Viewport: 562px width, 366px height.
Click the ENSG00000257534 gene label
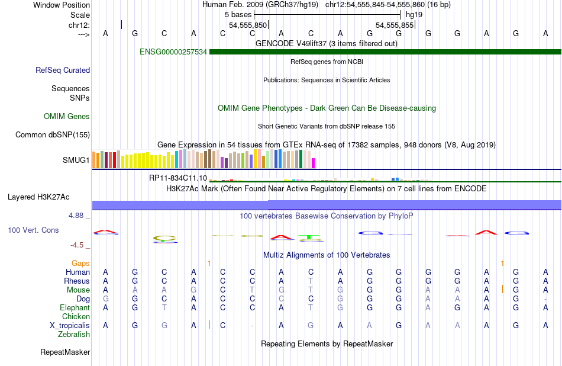173,52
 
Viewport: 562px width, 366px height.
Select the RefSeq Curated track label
63,70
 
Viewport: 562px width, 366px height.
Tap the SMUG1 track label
76,160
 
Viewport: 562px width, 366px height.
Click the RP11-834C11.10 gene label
178,178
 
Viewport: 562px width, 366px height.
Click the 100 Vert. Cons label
33,230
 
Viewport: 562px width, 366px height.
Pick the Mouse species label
78,290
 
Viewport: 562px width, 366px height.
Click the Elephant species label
75,307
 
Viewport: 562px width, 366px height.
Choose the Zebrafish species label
74,334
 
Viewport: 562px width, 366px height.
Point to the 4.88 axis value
76,216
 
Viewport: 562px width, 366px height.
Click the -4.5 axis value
77,245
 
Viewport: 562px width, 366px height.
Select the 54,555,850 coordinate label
248,25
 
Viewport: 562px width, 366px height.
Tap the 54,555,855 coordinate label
395,25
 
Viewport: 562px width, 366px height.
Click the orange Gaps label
80,263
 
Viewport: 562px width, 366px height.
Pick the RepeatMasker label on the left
65,352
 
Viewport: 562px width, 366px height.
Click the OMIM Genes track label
67,117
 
